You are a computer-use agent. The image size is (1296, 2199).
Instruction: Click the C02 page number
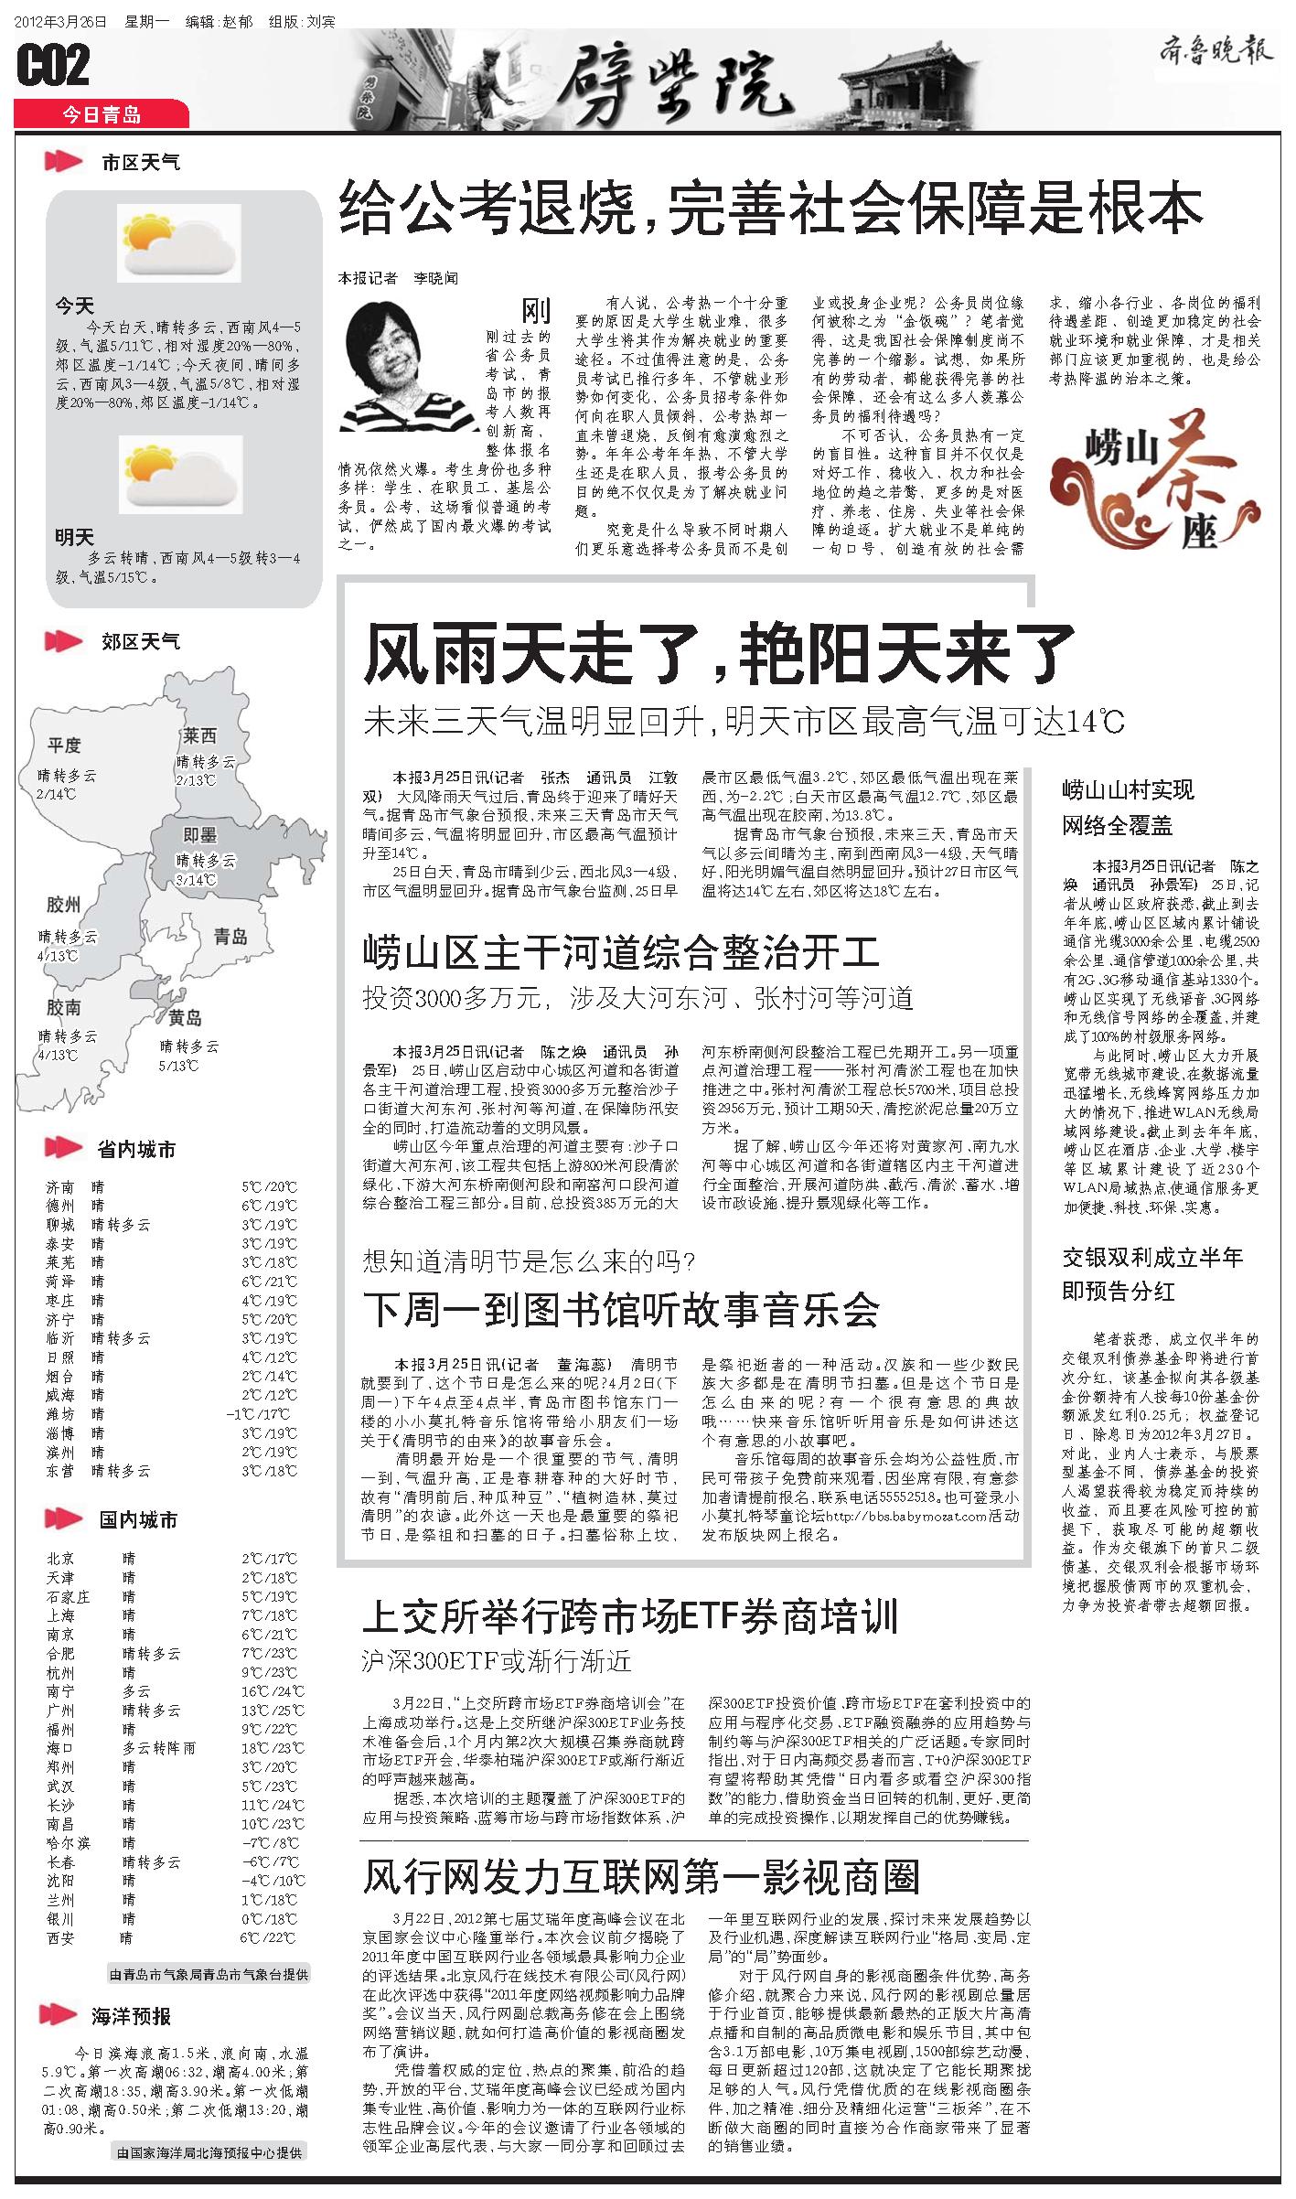tap(54, 67)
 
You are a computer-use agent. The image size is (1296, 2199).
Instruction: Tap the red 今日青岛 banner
tap(102, 114)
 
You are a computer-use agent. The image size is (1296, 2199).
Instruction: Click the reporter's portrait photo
tap(409, 366)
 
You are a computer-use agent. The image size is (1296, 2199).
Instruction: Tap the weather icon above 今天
tap(180, 242)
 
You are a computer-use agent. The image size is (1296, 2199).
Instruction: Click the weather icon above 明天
tap(180, 474)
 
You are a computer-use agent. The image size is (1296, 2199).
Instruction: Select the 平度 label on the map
tap(65, 746)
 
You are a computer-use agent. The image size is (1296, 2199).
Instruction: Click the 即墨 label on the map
tap(199, 834)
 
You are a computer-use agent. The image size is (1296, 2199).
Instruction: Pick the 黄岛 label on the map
tap(186, 1018)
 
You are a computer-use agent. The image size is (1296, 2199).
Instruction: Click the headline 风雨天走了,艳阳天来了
tap(719, 653)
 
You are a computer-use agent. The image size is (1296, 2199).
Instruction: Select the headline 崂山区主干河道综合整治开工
tap(621, 951)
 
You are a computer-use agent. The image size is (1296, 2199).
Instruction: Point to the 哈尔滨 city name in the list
tap(70, 1817)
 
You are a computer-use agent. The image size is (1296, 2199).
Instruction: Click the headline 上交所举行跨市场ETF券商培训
tap(630, 1616)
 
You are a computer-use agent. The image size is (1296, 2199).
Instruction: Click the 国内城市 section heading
tap(138, 1521)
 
